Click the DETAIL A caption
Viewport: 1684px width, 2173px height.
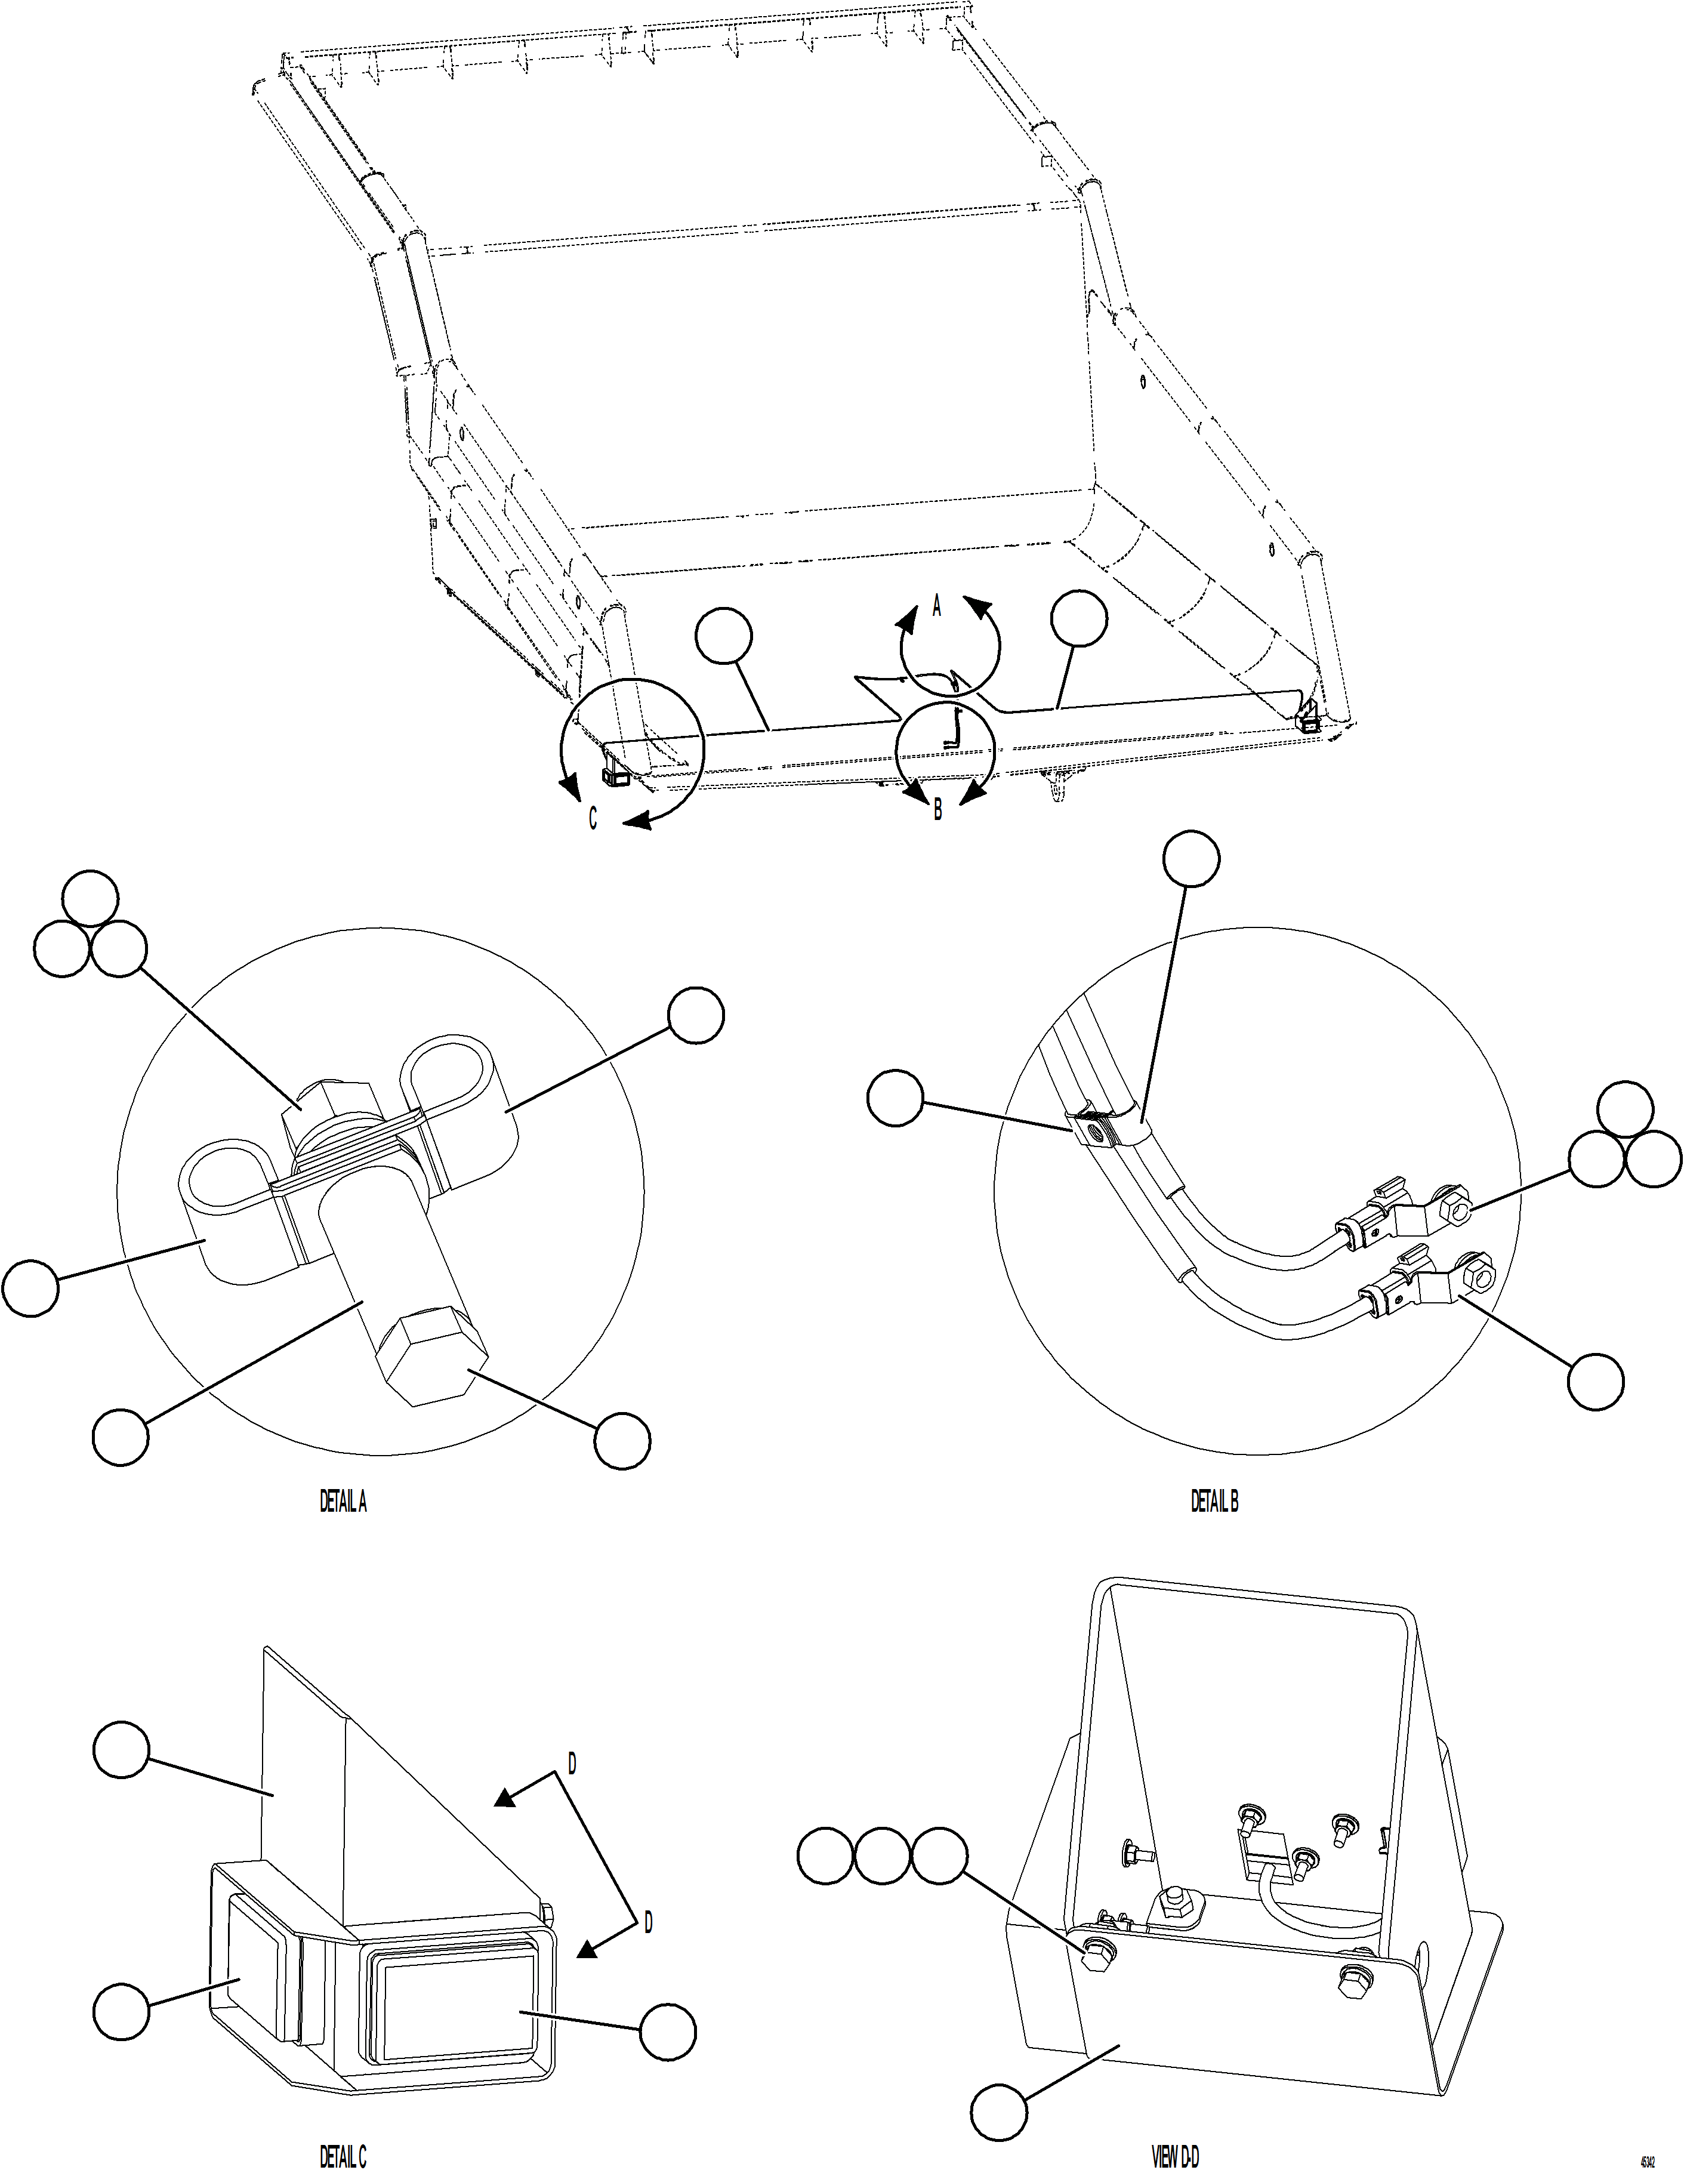point(342,1502)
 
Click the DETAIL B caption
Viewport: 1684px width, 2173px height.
point(1214,1502)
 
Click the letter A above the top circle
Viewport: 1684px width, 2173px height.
point(936,606)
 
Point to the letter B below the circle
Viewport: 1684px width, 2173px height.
point(937,811)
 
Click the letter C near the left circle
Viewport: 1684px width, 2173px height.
point(593,819)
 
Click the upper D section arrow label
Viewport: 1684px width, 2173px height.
point(572,1764)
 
